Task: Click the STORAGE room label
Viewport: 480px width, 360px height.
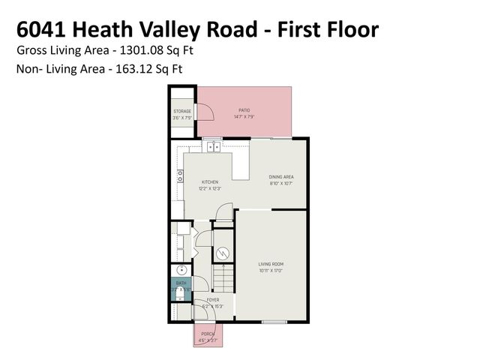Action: tap(182, 112)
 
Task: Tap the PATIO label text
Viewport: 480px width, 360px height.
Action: tap(244, 111)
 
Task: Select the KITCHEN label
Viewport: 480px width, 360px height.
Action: tap(210, 182)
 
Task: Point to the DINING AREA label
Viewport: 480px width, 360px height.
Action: tap(281, 177)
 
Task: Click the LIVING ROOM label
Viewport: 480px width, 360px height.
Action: tap(271, 264)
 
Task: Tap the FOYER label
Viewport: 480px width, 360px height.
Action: tap(213, 300)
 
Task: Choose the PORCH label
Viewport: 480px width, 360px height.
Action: tap(208, 334)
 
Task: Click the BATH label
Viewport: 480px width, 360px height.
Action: tap(181, 283)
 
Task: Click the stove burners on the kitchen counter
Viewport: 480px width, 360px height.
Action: tap(180, 176)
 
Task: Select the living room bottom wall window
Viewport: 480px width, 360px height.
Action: tap(273, 322)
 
